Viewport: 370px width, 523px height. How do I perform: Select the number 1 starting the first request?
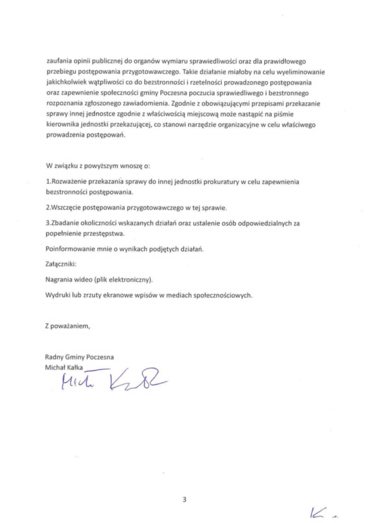(x=47, y=182)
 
